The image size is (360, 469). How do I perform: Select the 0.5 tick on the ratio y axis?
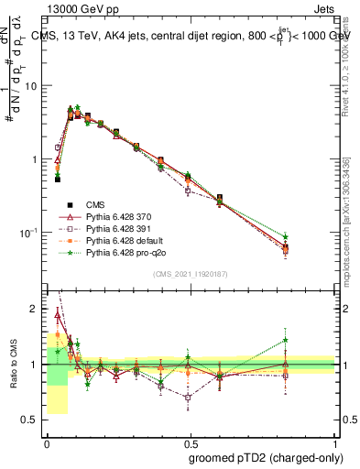31,420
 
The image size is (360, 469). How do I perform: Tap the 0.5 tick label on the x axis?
191,442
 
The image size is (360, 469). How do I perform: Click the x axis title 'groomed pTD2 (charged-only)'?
261,457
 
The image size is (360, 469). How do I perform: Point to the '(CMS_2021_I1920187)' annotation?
191,274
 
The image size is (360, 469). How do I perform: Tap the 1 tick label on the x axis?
336,442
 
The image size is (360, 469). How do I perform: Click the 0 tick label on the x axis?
47,442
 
